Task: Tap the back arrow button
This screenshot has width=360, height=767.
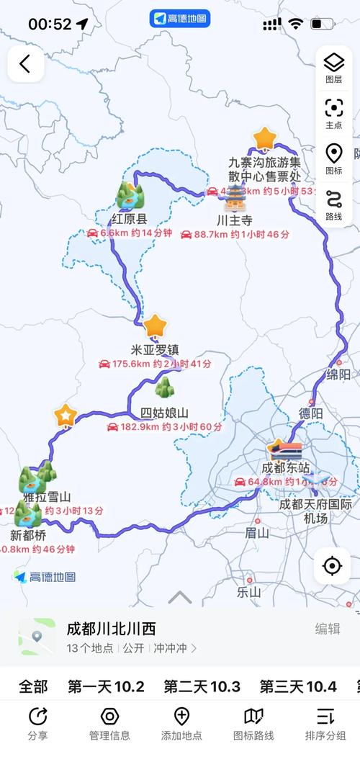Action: pos(25,64)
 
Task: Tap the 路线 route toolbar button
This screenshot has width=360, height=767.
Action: pos(333,205)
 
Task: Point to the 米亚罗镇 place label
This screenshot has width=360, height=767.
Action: pos(155,350)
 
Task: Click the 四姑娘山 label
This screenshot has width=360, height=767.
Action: pos(164,413)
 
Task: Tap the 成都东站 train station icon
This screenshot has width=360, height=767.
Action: pos(285,452)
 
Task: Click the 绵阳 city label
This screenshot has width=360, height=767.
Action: pos(338,374)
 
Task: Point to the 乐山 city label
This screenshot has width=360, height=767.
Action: pos(248,593)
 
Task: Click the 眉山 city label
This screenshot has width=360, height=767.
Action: pos(256,533)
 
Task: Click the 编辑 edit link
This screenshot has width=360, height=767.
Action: pos(328,629)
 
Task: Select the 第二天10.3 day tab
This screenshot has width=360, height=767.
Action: pos(202,686)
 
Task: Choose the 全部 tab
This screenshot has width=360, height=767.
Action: pos(33,686)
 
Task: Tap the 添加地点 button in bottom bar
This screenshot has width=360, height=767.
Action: pos(181,724)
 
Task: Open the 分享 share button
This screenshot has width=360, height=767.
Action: pos(37,724)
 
